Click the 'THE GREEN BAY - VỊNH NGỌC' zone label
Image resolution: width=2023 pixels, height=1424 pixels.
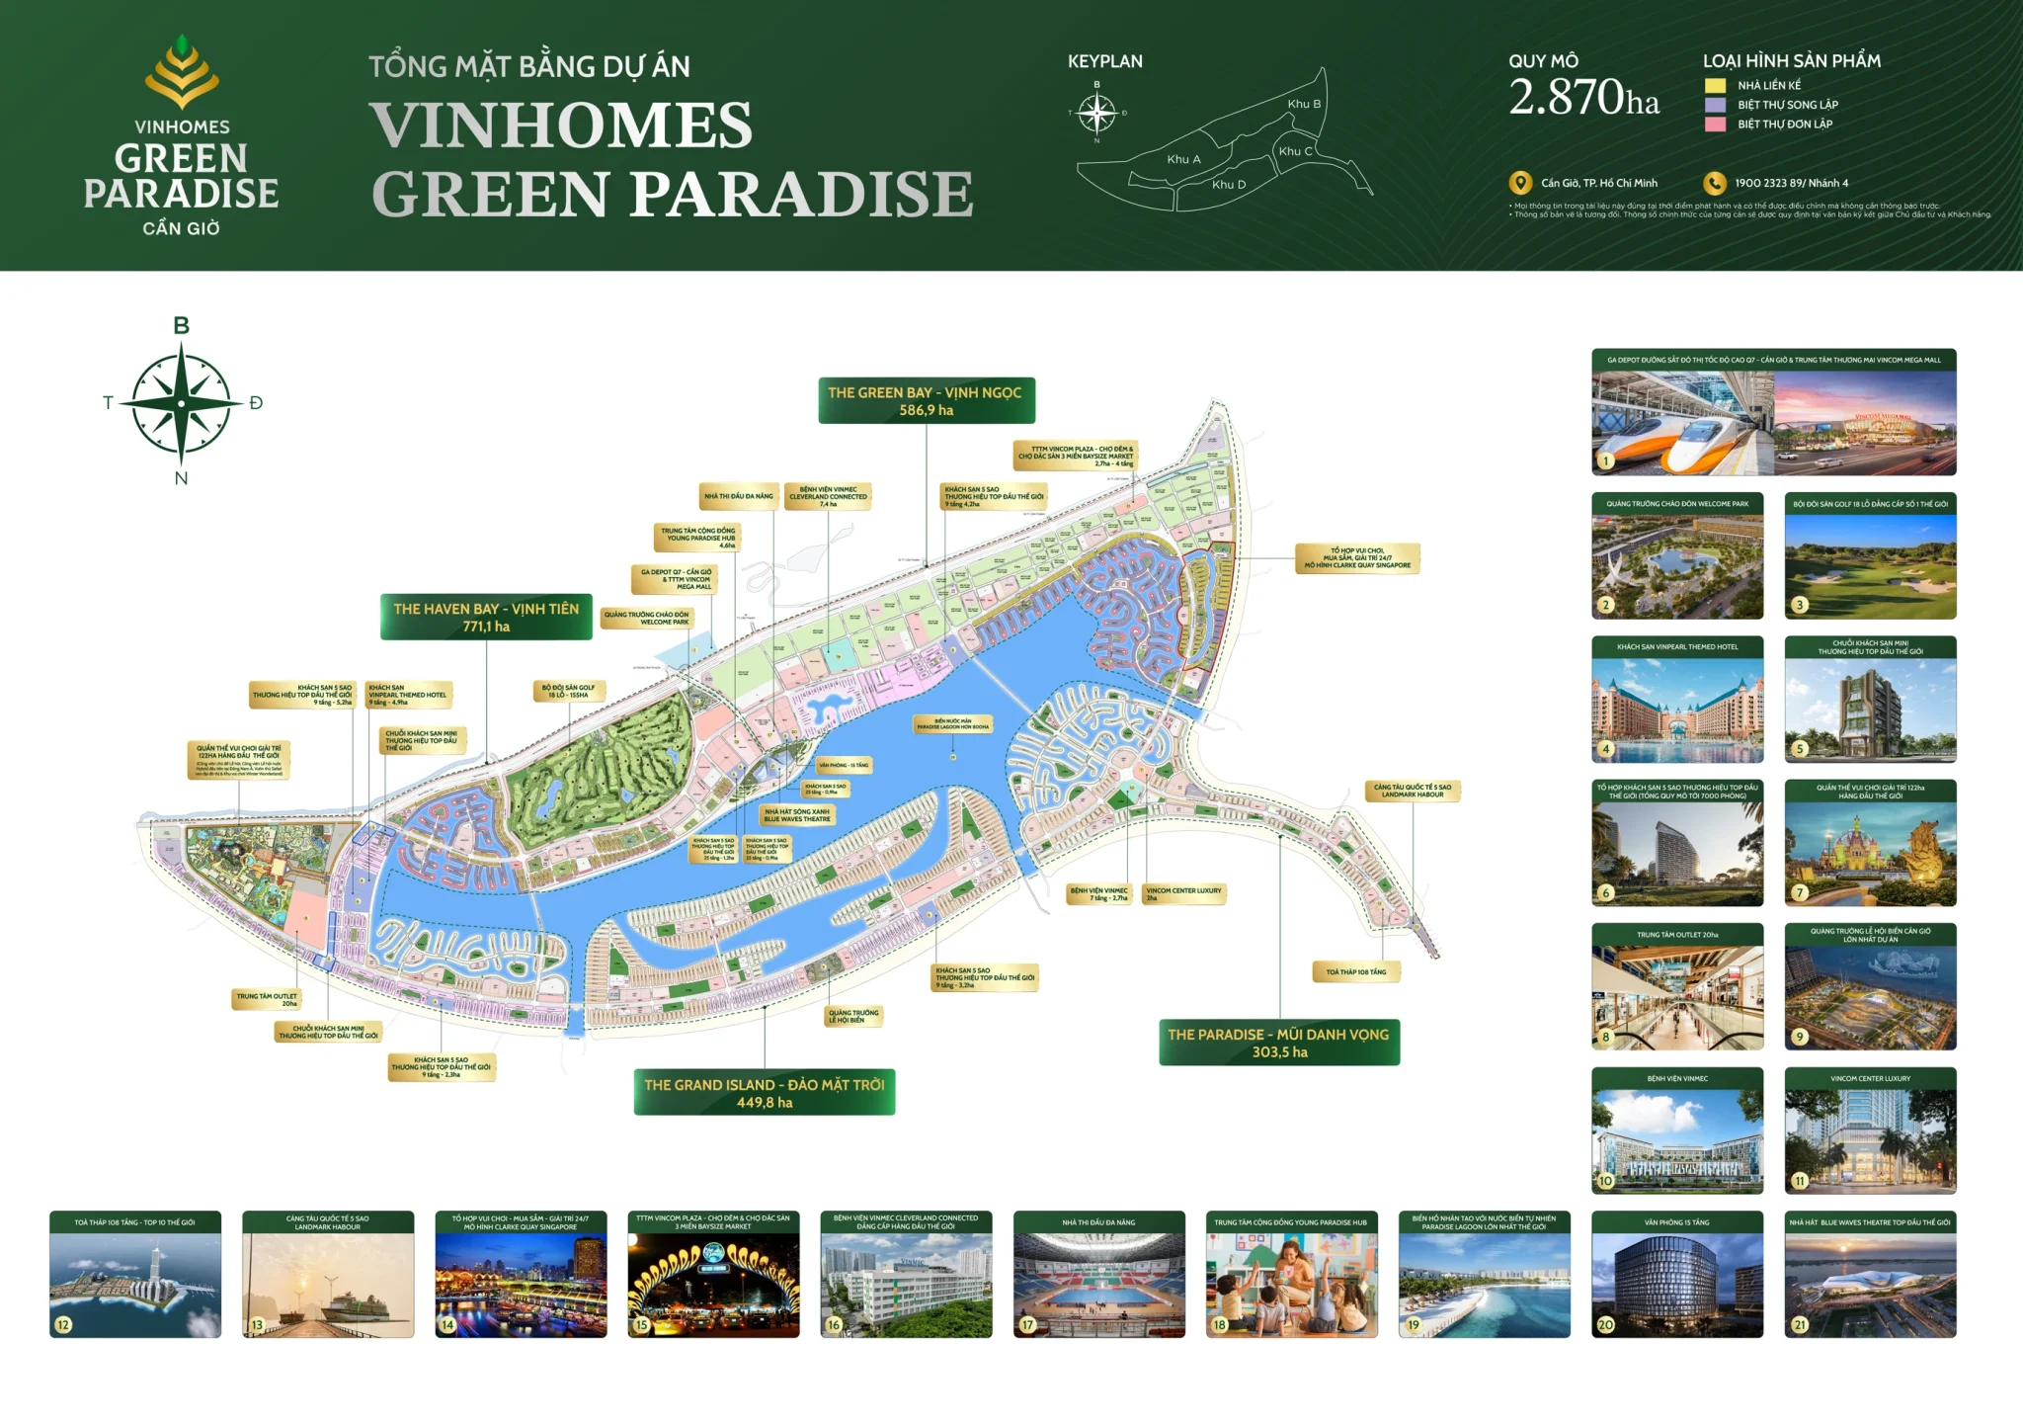tap(926, 400)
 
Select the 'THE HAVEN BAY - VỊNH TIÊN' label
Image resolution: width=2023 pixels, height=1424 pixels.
tap(486, 617)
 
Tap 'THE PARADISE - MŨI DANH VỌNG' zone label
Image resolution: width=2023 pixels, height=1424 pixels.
tap(1278, 1043)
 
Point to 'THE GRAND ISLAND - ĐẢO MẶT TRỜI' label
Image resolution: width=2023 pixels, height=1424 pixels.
tap(764, 1092)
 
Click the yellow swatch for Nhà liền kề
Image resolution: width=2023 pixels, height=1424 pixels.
tap(1715, 86)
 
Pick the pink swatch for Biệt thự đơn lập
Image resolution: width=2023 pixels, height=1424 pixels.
tap(1715, 125)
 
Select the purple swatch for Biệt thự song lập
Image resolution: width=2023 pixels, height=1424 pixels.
tap(1715, 105)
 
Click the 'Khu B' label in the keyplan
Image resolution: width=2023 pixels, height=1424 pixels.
tap(1303, 104)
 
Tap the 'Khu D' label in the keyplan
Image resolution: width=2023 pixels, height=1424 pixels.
tap(1228, 185)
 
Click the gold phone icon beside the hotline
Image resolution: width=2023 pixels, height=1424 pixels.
tap(1714, 183)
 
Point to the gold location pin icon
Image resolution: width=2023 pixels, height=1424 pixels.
tap(1520, 183)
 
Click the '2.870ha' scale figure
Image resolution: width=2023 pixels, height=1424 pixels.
tap(1582, 98)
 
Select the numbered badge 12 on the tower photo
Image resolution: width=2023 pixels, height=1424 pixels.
tap(63, 1324)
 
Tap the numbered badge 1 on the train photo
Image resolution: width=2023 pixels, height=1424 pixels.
tap(1606, 461)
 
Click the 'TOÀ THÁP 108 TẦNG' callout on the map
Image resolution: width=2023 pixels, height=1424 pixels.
tap(1355, 972)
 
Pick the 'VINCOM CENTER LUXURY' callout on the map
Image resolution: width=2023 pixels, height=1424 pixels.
tap(1182, 893)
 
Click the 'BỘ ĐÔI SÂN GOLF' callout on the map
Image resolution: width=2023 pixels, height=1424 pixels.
tap(568, 691)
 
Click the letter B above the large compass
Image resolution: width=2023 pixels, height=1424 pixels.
tap(181, 326)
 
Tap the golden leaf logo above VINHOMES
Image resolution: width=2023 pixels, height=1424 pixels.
tap(182, 71)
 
